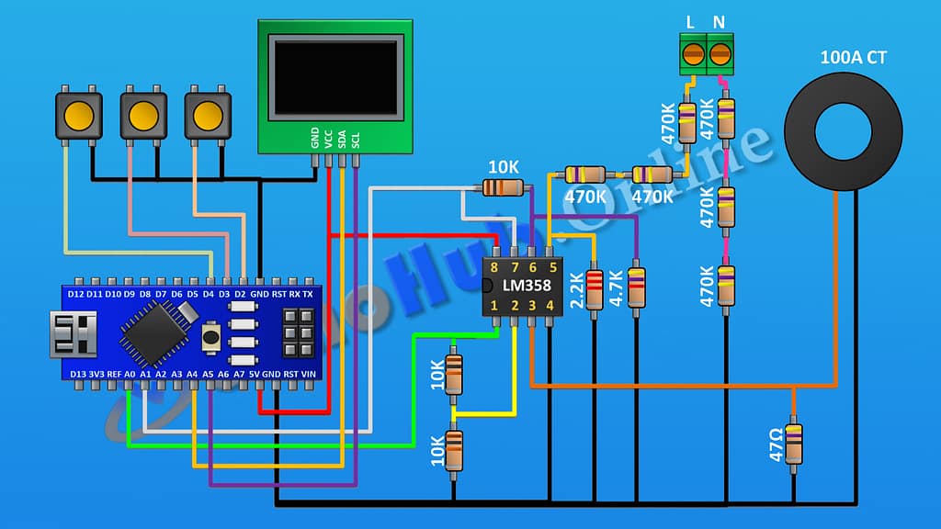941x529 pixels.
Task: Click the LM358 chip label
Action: pyautogui.click(x=522, y=286)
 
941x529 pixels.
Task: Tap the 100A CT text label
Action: pyautogui.click(x=854, y=58)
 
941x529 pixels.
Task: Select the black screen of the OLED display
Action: pyautogui.click(x=336, y=75)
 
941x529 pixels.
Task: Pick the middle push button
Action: pyautogui.click(x=142, y=115)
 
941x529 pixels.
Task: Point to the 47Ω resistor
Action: pyautogui.click(x=793, y=445)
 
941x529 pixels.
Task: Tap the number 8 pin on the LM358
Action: pyautogui.click(x=494, y=267)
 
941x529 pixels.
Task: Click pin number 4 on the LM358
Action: pyautogui.click(x=550, y=305)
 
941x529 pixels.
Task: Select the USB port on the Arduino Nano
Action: pyautogui.click(x=74, y=333)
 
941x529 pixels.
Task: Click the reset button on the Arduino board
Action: pyautogui.click(x=210, y=336)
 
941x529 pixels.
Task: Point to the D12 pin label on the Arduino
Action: pyautogui.click(x=76, y=294)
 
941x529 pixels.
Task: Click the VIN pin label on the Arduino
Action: pyautogui.click(x=309, y=375)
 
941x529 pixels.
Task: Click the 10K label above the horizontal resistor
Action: pyautogui.click(x=504, y=168)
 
